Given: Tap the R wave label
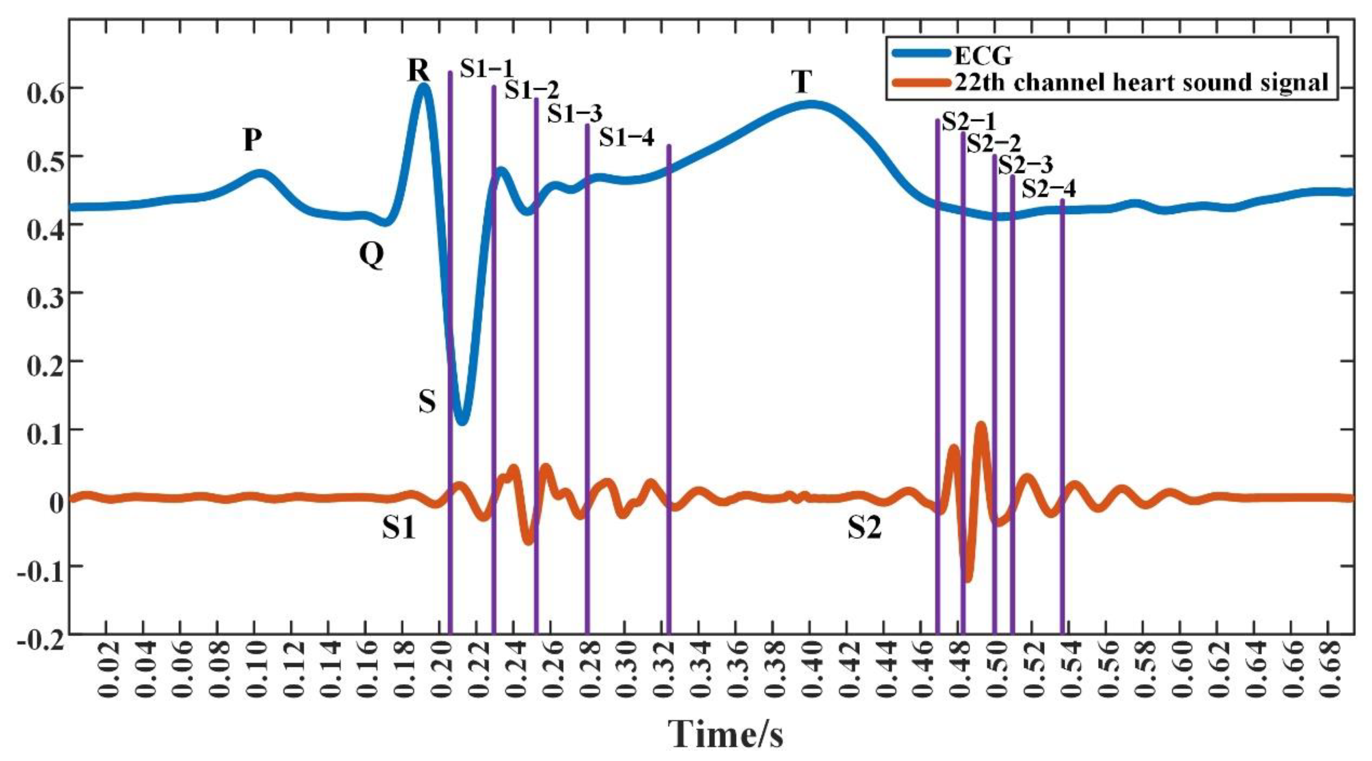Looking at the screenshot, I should click(419, 70).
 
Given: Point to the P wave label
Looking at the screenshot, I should click(252, 140).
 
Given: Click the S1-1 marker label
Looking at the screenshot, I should click(487, 68).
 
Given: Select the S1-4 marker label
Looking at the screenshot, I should click(626, 137).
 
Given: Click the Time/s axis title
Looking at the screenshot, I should click(726, 733).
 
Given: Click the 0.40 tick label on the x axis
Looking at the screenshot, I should click(810, 677).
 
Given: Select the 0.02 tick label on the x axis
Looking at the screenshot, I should click(106, 677).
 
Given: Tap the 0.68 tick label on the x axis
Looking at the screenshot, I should click(1329, 677).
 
